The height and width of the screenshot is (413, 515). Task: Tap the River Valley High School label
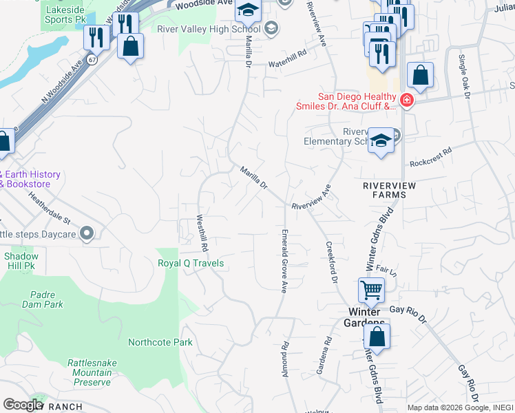[x=208, y=29]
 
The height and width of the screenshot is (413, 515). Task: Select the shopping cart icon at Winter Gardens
[x=371, y=290]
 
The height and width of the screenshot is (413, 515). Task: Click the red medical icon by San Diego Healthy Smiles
[x=407, y=101]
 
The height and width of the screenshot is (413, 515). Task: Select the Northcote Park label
[x=160, y=342]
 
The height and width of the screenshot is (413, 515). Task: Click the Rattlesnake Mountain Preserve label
[x=89, y=372]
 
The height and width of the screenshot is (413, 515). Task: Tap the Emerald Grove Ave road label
[x=283, y=260]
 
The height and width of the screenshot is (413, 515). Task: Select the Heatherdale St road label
[x=50, y=207]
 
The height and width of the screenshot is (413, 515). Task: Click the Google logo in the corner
[x=23, y=405]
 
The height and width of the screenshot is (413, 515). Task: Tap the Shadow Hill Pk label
[x=21, y=260]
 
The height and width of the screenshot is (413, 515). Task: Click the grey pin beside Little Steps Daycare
[x=87, y=235]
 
